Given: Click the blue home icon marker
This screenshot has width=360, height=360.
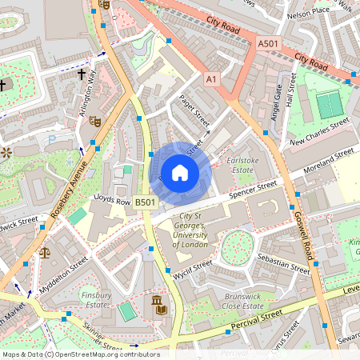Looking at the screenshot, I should [180, 171].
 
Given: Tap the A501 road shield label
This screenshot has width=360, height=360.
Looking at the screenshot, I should [269, 42].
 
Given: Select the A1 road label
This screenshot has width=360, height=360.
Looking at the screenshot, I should [211, 79].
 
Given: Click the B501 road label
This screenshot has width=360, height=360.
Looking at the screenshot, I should [144, 203].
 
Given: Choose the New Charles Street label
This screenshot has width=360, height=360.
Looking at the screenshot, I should [320, 131].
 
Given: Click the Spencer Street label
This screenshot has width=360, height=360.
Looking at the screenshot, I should [253, 190].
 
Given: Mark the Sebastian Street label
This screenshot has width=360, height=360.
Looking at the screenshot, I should [283, 264].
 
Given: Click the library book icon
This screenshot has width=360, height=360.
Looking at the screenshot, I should [158, 305].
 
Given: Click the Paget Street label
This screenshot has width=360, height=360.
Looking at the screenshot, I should [194, 110].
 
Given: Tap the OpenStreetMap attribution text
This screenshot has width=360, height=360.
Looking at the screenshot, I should [80, 354].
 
